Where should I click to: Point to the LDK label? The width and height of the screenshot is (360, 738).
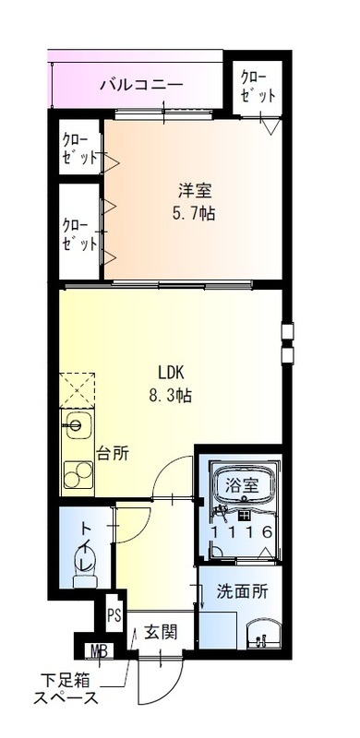click(172, 374)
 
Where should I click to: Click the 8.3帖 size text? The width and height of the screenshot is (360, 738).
click(172, 396)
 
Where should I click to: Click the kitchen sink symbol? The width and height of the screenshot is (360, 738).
click(78, 428)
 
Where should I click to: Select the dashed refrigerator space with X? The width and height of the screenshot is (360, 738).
click(78, 387)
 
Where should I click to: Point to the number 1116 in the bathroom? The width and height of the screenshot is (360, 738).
click(240, 532)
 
